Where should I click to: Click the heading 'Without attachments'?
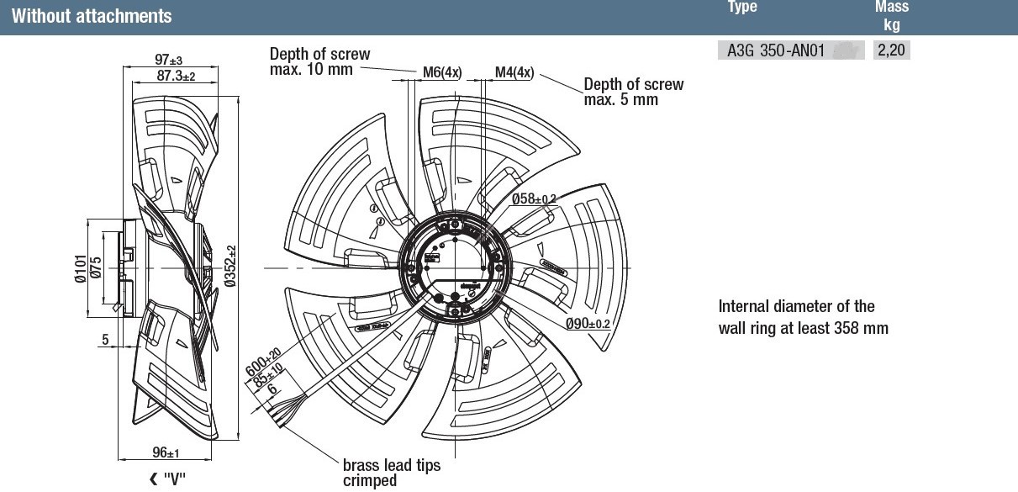(92, 16)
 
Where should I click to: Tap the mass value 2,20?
(891, 50)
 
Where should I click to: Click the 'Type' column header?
(741, 8)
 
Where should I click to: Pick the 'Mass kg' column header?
(891, 15)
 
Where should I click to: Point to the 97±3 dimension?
(168, 61)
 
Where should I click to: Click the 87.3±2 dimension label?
(176, 76)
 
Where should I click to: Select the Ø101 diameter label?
(81, 268)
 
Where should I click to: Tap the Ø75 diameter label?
(96, 268)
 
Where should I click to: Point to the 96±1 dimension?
(166, 453)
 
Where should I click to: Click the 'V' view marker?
(166, 479)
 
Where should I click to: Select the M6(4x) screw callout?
(441, 72)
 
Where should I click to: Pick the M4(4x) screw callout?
(514, 72)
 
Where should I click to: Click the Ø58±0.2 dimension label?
(535, 199)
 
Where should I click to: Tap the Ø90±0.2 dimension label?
(586, 324)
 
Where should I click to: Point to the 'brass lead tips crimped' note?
(391, 472)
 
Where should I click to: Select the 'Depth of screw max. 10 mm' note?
(319, 61)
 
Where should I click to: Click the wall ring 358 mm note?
(803, 317)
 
